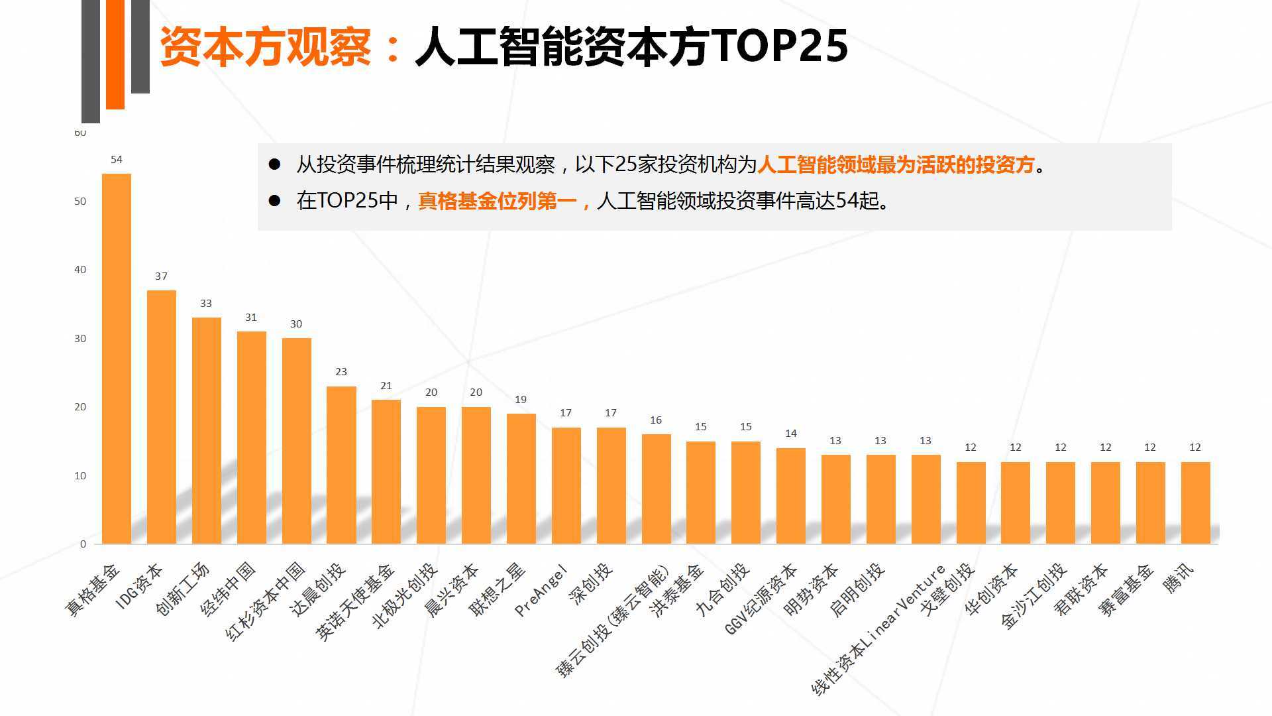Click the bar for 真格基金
coord(117,358)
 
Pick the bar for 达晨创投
coord(341,464)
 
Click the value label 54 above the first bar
coord(117,160)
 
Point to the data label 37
coord(162,276)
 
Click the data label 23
coord(341,372)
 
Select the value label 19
coord(521,400)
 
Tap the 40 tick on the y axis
coord(80,270)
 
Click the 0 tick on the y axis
coord(83,544)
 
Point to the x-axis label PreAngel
coord(542,590)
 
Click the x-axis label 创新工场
coord(183,589)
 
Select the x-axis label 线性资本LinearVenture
coord(878,630)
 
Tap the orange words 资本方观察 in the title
coord(265,46)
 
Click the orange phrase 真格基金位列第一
coord(497,200)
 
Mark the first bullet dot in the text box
coord(274,164)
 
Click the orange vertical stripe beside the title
coord(115,53)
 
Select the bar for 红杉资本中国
coord(297,441)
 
